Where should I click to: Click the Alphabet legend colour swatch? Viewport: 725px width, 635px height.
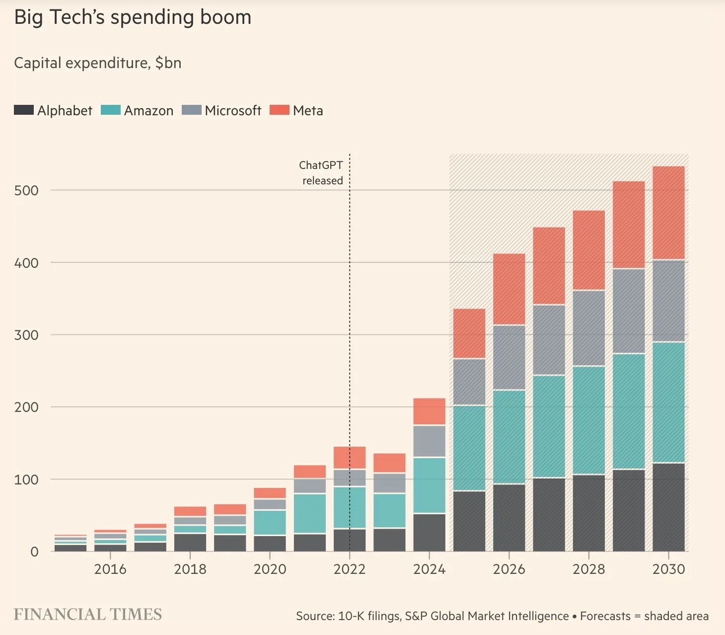(x=23, y=110)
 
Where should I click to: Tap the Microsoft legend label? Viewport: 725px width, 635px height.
(x=233, y=110)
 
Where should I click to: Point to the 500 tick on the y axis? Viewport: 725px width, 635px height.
(x=26, y=190)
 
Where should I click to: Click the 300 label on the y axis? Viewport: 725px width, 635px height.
(x=26, y=335)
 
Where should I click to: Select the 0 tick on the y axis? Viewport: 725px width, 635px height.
(x=34, y=552)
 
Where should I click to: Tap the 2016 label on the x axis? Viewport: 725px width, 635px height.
(x=110, y=569)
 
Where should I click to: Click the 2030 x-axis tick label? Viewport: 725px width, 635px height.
(x=668, y=569)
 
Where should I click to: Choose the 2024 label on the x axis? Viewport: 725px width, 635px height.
(x=429, y=569)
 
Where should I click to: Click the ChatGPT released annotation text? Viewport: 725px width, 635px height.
(x=321, y=173)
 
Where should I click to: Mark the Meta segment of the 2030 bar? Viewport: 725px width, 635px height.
(x=668, y=213)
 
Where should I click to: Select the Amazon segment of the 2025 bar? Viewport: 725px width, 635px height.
(x=469, y=448)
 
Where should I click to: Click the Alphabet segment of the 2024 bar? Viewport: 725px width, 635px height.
(x=429, y=532)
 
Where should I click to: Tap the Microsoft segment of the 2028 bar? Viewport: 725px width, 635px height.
(x=589, y=328)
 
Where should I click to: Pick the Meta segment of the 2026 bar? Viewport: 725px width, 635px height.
(x=509, y=289)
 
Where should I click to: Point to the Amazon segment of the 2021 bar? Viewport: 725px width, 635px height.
(x=310, y=513)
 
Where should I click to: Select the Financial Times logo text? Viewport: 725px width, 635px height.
(x=87, y=615)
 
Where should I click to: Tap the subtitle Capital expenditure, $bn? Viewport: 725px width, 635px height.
(x=97, y=63)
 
